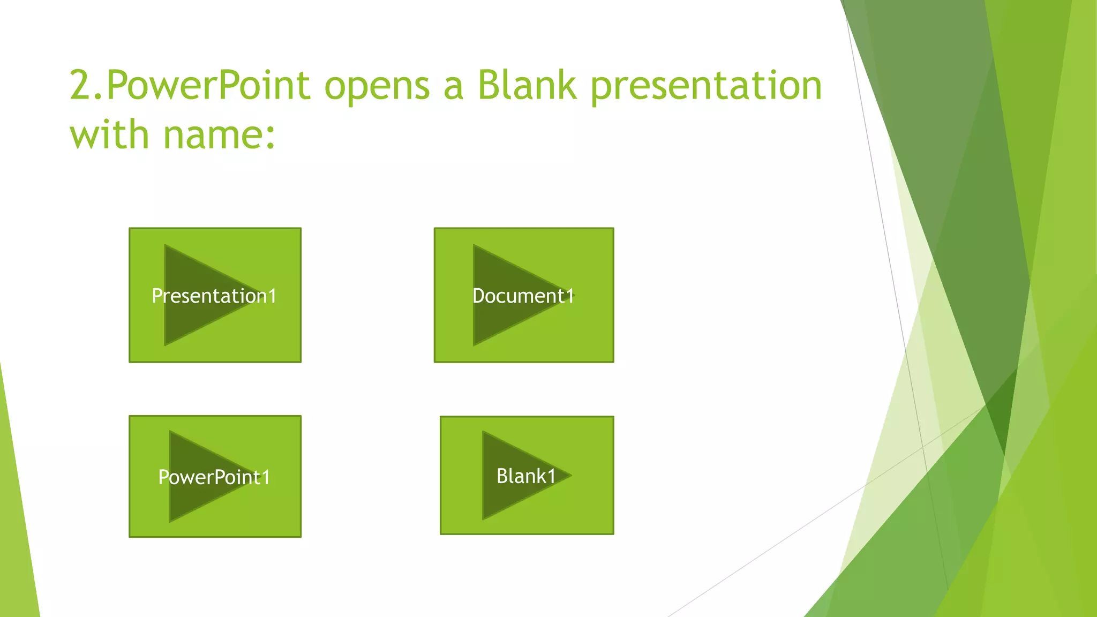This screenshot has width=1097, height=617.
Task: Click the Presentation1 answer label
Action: tap(214, 296)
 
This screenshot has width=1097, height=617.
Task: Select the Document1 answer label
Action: tap(523, 296)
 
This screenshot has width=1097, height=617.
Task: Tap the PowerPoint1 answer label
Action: tap(214, 477)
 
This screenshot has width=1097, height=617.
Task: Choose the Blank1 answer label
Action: tap(526, 476)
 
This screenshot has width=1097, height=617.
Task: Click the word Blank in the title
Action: tap(527, 86)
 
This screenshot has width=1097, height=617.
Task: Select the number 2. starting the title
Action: tap(86, 86)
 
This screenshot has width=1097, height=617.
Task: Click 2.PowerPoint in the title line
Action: tap(190, 86)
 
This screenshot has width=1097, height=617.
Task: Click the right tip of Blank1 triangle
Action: tap(571, 475)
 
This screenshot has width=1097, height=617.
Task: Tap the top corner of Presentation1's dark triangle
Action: tap(165, 245)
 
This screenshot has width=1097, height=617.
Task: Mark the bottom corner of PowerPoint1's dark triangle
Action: tap(170, 522)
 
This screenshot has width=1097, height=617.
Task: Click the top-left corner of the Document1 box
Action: tap(434, 228)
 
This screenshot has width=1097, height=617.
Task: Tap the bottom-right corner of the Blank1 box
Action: tap(613, 534)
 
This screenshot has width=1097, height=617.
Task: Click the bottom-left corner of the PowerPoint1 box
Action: tap(130, 537)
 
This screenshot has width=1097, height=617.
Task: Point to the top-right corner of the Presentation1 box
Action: tap(301, 228)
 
